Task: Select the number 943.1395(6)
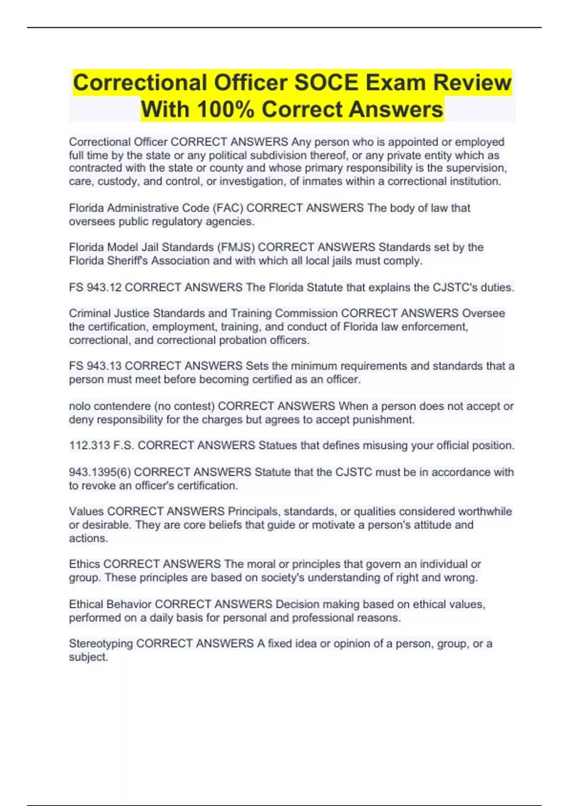click(x=100, y=472)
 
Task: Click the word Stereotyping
click(x=101, y=644)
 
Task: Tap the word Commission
click(x=306, y=313)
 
